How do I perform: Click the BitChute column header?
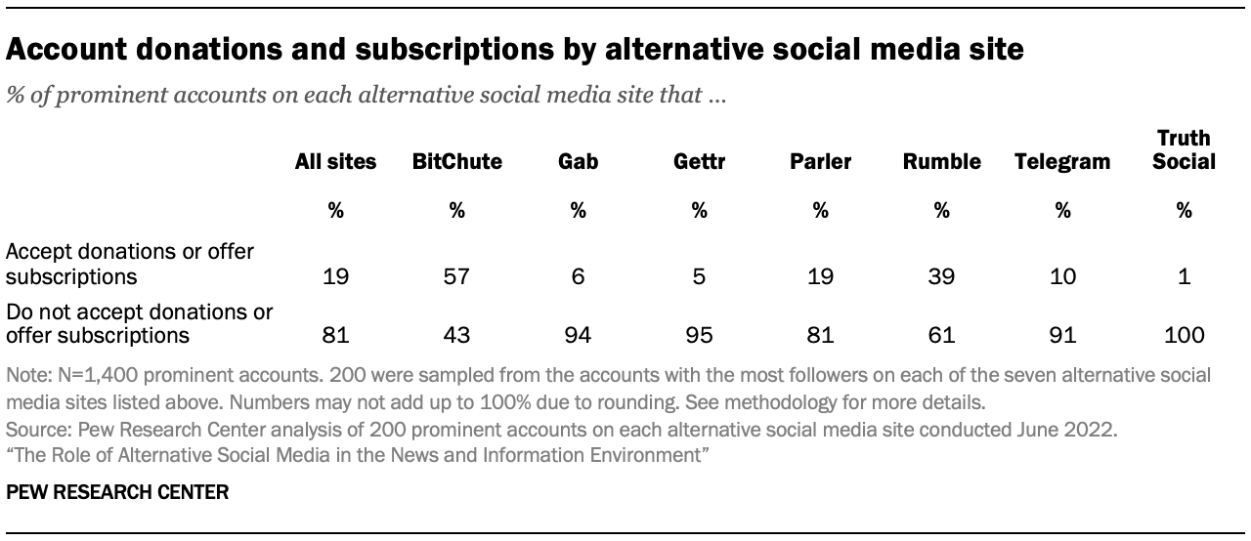[456, 162]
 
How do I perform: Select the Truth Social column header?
[1184, 150]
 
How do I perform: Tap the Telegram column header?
[1062, 162]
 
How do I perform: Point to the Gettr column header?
[699, 162]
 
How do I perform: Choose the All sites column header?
[335, 162]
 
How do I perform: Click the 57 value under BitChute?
[456, 276]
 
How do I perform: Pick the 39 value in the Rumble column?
[941, 276]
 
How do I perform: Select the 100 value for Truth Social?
[1184, 336]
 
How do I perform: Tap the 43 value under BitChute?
[456, 336]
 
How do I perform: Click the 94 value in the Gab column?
[578, 336]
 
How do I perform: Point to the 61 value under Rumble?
[941, 336]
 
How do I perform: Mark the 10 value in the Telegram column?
[1062, 276]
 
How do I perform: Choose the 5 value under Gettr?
[699, 276]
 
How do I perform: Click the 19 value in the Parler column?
[820, 276]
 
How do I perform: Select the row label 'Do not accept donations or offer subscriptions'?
[139, 324]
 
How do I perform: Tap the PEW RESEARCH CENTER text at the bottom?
[117, 493]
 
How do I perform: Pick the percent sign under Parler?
[820, 209]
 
